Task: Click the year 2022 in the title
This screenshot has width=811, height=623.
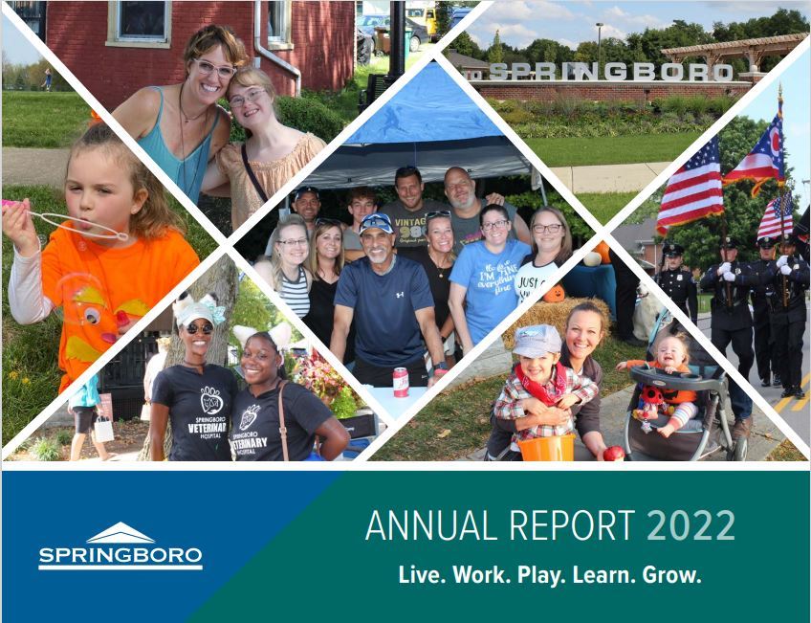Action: [690, 525]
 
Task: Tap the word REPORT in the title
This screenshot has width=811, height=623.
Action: [574, 525]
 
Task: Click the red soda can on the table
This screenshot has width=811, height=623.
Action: [401, 382]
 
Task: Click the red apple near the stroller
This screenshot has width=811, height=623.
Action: [613, 453]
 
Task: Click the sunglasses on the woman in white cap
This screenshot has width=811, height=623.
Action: [198, 328]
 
